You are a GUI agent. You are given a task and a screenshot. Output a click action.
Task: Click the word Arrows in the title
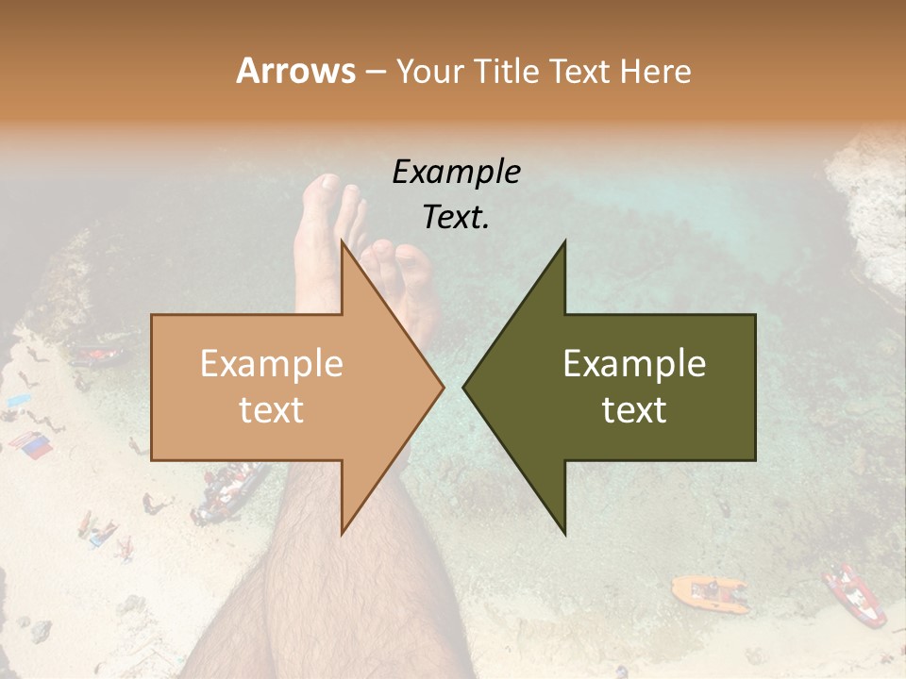point(295,71)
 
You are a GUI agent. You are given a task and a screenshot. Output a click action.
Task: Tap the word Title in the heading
point(512,72)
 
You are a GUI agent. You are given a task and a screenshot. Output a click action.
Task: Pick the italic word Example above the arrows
point(456,173)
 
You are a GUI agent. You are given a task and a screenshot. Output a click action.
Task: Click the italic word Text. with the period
point(456,218)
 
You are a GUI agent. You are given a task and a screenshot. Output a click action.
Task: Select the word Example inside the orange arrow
point(272,364)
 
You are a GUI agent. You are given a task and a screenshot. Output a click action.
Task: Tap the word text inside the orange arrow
point(272,410)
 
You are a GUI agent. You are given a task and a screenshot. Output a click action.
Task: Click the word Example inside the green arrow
point(634,364)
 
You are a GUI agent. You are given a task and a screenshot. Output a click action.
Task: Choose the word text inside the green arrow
point(634,410)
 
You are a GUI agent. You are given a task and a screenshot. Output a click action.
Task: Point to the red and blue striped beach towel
point(29,444)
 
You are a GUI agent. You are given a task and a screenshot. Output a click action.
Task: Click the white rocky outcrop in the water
point(868,198)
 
